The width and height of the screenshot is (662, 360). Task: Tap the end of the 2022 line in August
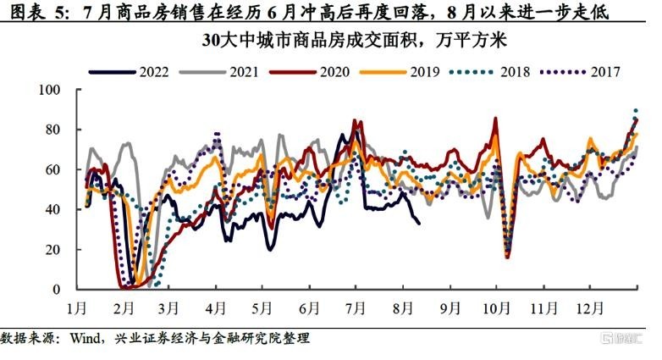coord(419,223)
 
